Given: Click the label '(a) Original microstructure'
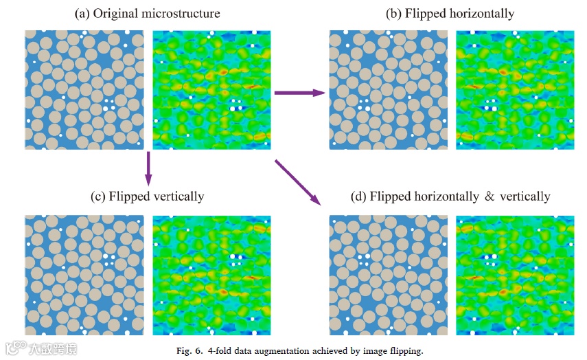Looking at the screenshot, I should (149, 14).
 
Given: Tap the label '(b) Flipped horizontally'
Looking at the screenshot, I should (450, 14).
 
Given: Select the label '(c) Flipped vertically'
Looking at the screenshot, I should (148, 196).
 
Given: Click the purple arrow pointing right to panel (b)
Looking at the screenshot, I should (299, 92).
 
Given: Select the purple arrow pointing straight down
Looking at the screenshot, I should (148, 168).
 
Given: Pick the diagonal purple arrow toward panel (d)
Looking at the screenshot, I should (298, 182).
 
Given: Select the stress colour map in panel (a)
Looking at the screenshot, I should (211, 90).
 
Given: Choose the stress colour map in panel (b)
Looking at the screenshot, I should (515, 90).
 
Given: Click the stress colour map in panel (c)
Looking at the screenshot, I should (211, 275).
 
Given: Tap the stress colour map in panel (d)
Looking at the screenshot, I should (515, 275).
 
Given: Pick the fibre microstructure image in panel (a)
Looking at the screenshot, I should (84, 90).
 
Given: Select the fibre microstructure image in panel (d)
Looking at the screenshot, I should (389, 275).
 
